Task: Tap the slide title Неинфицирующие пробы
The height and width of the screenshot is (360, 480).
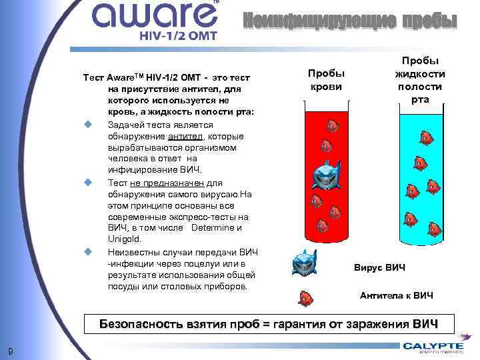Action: pyautogui.click(x=350, y=21)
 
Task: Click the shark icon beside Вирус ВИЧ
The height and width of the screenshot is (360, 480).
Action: pyautogui.click(x=305, y=262)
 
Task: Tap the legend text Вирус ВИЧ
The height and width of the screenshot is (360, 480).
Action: pyautogui.click(x=379, y=267)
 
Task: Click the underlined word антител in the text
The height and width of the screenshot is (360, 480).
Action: pyautogui.click(x=182, y=137)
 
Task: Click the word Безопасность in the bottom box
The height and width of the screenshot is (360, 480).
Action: pyautogui.click(x=141, y=325)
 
